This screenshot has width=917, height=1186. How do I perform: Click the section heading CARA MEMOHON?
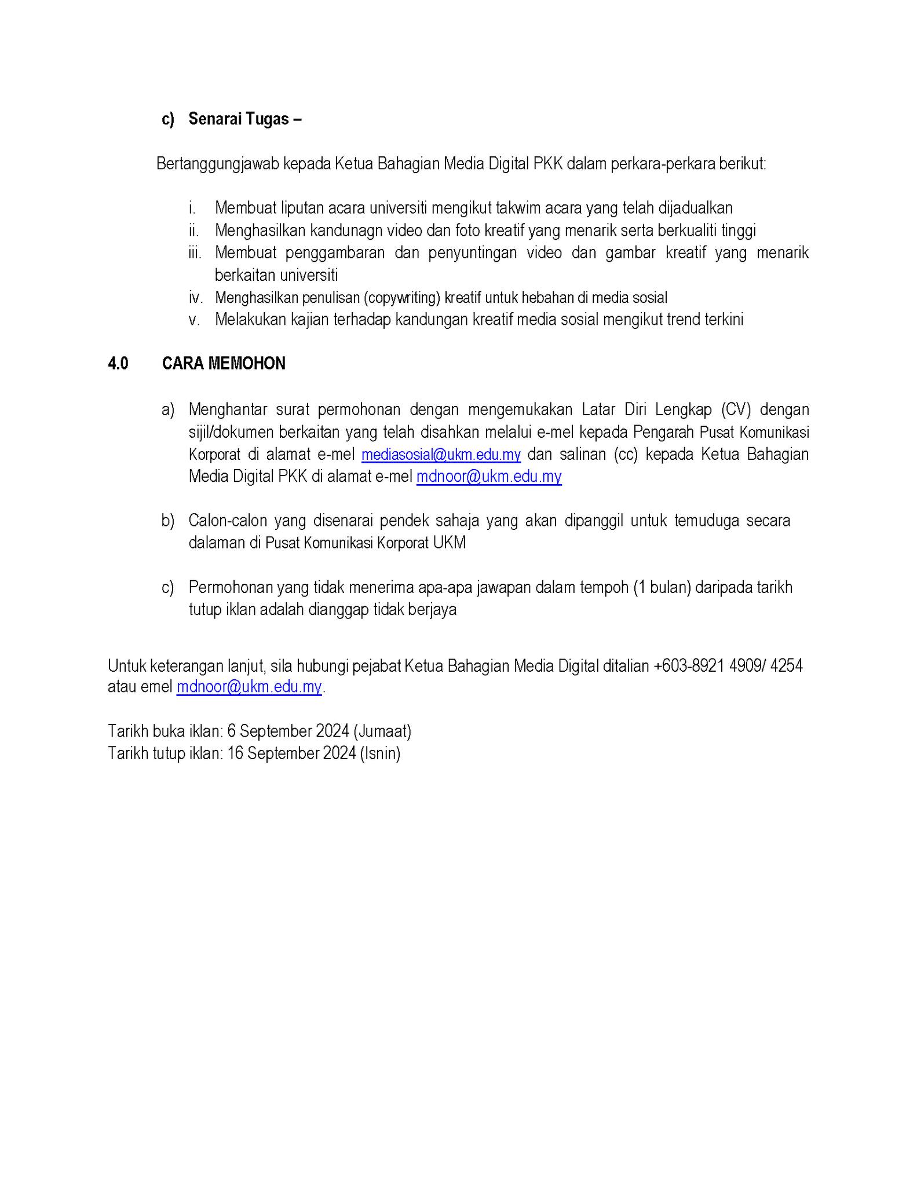[224, 364]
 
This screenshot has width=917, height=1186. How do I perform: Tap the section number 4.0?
[118, 364]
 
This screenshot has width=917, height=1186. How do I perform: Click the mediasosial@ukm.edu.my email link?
[441, 455]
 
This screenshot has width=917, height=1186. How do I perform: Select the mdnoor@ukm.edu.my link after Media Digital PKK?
[489, 477]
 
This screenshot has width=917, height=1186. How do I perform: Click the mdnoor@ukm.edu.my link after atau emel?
[249, 687]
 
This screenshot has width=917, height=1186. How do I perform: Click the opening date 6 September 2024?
[288, 731]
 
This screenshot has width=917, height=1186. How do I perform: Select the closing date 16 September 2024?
[291, 753]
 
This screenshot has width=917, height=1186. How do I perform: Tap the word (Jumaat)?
[382, 731]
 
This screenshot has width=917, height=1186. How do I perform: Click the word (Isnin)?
[380, 753]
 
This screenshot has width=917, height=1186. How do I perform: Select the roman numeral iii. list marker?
[195, 253]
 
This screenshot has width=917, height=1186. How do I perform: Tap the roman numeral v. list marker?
[194, 320]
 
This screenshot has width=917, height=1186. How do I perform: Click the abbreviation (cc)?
[626, 455]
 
